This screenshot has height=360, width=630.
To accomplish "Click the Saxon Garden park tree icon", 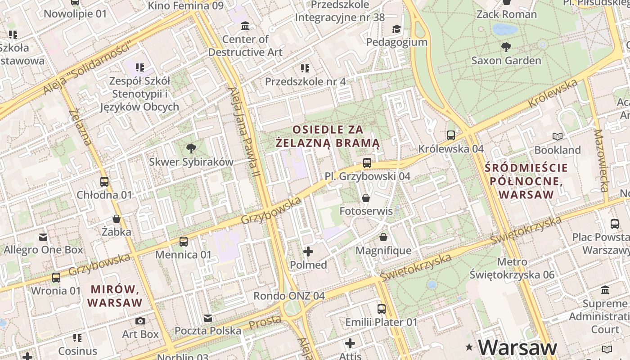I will click(x=506, y=47).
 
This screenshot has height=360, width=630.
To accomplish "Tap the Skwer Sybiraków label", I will click(x=191, y=162).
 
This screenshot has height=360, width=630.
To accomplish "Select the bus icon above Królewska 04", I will click(x=450, y=135).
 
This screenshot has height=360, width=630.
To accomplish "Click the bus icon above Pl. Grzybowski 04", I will click(x=367, y=163).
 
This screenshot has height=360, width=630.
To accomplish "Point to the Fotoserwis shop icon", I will click(x=366, y=198).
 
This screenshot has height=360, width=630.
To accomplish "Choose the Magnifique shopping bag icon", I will click(x=383, y=237).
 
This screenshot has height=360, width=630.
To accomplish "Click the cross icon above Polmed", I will click(x=308, y=252).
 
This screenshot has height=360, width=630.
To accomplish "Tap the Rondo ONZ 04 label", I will click(x=289, y=296).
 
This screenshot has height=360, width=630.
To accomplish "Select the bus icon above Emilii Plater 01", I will click(x=381, y=309).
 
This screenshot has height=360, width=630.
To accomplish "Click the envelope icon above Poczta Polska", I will click(x=207, y=318).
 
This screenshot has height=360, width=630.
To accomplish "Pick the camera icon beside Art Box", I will click(x=140, y=321).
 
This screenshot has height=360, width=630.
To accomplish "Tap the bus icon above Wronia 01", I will click(x=56, y=278).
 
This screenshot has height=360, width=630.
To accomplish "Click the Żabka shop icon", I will click(x=117, y=219).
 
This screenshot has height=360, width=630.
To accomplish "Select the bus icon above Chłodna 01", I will click(x=104, y=182).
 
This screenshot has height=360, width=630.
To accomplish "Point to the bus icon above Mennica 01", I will click(x=183, y=242).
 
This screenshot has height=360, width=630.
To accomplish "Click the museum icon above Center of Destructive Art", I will click(x=245, y=26).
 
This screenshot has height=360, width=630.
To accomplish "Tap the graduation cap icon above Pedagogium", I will click(x=396, y=29).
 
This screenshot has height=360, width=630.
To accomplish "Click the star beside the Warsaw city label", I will click(x=469, y=347).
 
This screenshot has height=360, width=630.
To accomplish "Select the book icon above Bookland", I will click(x=557, y=136).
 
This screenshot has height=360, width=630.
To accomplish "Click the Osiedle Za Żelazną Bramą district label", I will click(x=328, y=136).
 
